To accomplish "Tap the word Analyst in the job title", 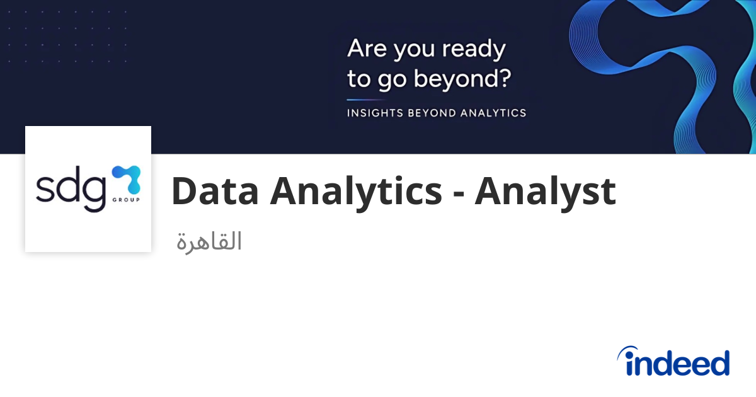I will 545,191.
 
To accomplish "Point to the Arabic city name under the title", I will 209,241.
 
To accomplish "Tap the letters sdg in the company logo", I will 70,188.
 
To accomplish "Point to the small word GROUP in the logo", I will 128,200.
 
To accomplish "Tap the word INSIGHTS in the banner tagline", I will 374,113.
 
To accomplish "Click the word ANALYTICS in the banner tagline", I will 493,113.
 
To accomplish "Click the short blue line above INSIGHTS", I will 365,100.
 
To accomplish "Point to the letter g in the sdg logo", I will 92,192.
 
